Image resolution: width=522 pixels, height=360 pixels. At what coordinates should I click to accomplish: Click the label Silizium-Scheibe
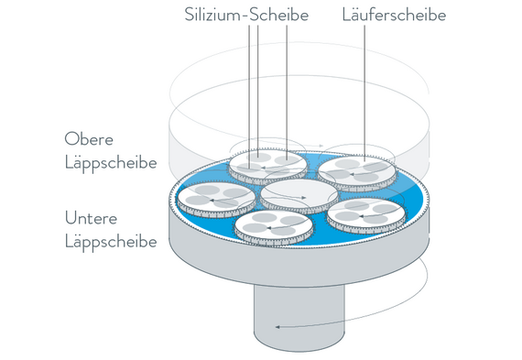point(246,15)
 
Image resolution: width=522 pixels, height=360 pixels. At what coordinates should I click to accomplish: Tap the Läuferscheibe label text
point(394,15)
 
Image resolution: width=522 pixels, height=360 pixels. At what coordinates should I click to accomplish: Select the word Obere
point(89,139)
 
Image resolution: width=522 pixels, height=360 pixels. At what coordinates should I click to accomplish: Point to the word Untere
point(91,218)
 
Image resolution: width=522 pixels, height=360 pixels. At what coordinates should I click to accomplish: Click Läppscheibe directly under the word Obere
point(111,163)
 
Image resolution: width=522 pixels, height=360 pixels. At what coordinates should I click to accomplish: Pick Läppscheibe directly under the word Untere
point(111,242)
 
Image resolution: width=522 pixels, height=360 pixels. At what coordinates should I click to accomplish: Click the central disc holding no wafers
point(299,196)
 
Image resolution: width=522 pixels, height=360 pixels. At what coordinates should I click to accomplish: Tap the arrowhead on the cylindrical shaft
point(277,327)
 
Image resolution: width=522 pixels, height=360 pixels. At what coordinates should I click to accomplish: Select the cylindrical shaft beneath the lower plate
point(299,316)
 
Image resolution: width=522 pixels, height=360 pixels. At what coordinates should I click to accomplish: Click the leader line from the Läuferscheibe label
point(364,94)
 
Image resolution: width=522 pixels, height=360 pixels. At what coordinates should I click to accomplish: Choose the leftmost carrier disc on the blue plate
point(216,200)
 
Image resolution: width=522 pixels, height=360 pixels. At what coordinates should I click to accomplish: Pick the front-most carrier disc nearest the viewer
point(274,227)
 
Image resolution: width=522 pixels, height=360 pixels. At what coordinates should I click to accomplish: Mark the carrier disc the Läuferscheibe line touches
point(357,173)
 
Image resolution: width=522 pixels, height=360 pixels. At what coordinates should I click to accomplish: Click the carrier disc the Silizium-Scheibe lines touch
point(267,166)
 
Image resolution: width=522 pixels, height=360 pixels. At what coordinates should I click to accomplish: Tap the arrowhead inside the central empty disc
point(303,198)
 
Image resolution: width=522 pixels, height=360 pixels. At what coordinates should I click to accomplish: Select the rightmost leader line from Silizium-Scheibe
point(287,93)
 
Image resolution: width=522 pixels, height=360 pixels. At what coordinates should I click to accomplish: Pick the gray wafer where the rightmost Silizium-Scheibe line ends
point(288,160)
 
